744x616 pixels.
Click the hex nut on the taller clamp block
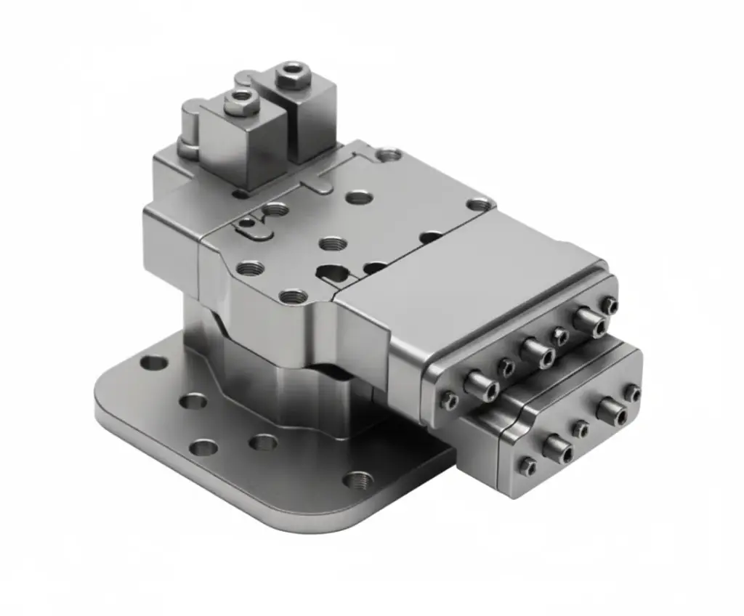(x=293, y=75)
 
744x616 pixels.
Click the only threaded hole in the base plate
(x=357, y=479)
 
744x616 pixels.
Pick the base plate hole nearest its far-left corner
(x=153, y=362)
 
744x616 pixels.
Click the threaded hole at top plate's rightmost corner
(x=478, y=205)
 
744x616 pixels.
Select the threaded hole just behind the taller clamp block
(x=388, y=154)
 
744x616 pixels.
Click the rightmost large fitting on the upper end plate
(x=587, y=320)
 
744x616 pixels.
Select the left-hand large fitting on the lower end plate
(x=557, y=447)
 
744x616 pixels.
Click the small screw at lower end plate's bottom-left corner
(x=527, y=466)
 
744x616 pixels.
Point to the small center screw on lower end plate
(x=580, y=429)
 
